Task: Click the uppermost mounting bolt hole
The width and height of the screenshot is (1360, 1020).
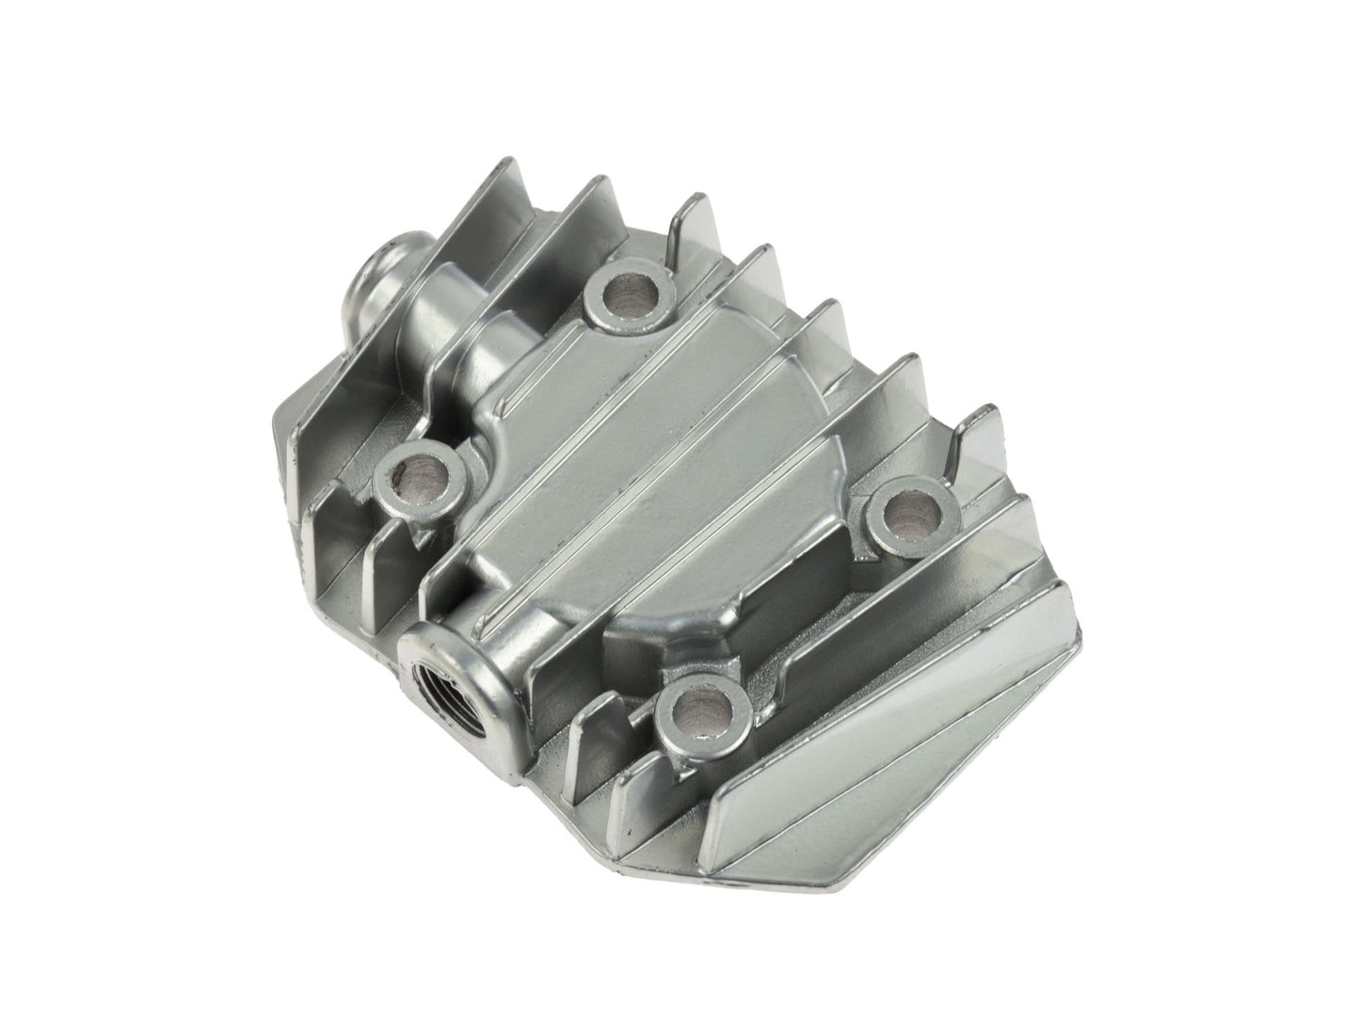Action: coord(625,294)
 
